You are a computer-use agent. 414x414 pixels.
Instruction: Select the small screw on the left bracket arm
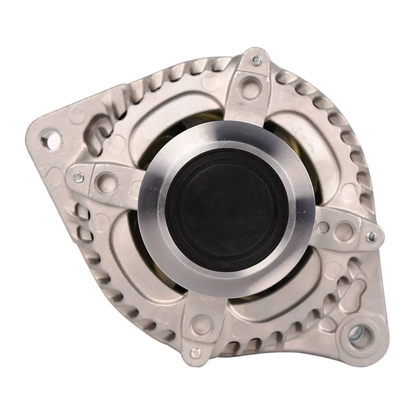point(77,175)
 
